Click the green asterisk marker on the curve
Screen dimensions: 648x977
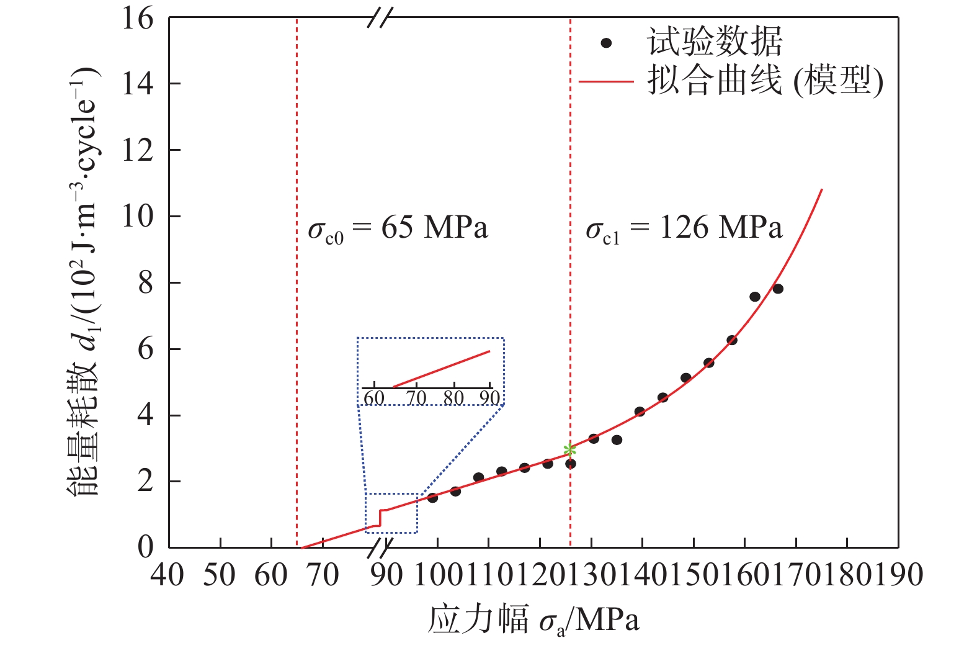click(x=569, y=449)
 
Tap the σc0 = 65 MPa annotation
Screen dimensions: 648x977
click(x=398, y=229)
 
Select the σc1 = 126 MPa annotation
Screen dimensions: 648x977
click(x=684, y=229)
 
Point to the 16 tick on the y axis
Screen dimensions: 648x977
click(x=137, y=19)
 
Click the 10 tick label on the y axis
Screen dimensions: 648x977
click(x=137, y=217)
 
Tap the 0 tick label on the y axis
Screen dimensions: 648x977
click(x=145, y=547)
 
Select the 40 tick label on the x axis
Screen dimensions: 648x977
click(x=167, y=575)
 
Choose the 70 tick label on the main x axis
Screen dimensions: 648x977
click(x=323, y=575)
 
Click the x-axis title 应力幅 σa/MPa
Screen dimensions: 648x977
click(x=533, y=620)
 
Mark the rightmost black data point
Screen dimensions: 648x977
click(x=778, y=289)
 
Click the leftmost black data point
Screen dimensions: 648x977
click(x=432, y=498)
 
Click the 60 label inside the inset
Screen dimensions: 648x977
click(x=373, y=398)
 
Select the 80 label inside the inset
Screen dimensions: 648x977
click(x=454, y=398)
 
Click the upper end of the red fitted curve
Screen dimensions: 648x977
click(x=822, y=189)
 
